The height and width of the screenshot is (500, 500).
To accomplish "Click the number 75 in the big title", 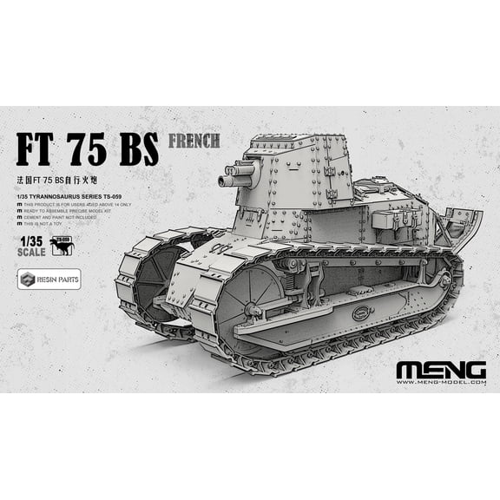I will (95, 149).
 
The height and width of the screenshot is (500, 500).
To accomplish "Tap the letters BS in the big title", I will (139, 149).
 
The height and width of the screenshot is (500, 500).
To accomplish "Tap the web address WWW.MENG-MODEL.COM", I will (440, 382).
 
